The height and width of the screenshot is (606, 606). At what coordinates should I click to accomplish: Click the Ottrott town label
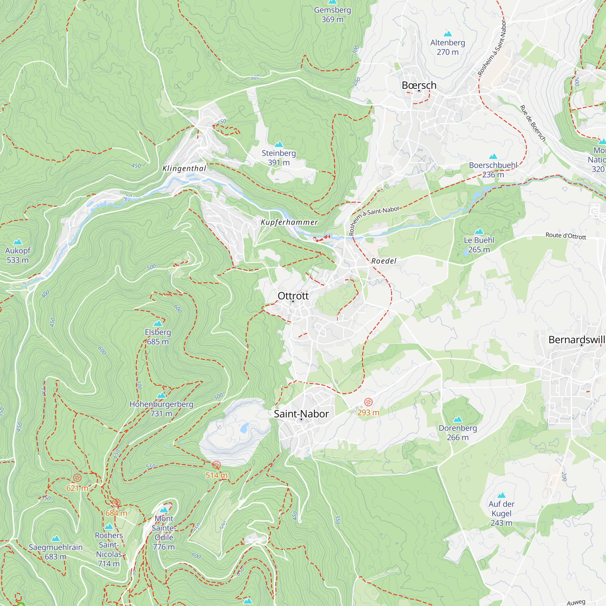[293, 296]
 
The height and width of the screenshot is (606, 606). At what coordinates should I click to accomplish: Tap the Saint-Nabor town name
[301, 414]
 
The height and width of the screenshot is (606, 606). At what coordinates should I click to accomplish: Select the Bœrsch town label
[419, 85]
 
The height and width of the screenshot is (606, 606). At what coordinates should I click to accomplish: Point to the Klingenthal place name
[185, 168]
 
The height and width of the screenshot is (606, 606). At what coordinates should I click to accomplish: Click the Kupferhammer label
[289, 222]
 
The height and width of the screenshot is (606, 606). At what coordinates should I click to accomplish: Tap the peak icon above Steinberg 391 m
[279, 144]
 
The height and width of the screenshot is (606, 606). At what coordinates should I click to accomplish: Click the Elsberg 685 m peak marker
[158, 323]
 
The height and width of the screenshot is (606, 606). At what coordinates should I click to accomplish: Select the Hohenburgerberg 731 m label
[161, 408]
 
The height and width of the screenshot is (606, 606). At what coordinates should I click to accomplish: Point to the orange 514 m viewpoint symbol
[216, 465]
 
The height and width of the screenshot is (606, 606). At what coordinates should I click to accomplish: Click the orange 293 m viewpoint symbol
[368, 402]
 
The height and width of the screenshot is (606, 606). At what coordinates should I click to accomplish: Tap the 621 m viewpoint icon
[77, 478]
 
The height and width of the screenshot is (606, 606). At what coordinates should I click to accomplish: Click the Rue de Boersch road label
[533, 123]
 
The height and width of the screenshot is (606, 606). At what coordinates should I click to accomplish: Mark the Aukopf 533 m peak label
[18, 255]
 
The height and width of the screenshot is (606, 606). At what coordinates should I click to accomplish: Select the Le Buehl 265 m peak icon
[479, 231]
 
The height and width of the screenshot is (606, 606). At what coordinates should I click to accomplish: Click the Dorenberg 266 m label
[458, 433]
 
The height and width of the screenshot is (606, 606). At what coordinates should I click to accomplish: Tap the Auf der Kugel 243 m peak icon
[501, 495]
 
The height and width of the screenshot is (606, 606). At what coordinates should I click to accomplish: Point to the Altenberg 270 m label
[448, 47]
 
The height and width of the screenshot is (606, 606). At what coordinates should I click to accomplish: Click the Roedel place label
[384, 261]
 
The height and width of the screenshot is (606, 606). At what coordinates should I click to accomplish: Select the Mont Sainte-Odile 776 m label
[164, 532]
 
